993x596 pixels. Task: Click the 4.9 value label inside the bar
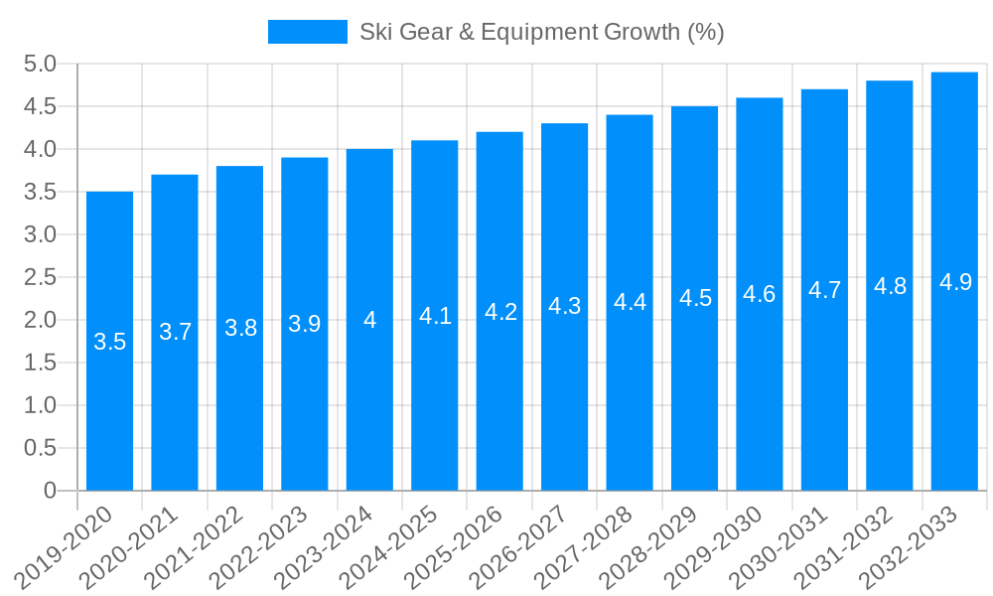pyautogui.click(x=954, y=282)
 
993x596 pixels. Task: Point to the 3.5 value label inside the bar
pyautogui.click(x=109, y=342)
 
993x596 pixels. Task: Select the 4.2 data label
pyautogui.click(x=499, y=312)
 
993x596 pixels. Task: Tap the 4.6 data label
pyautogui.click(x=760, y=294)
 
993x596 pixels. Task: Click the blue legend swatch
pyautogui.click(x=308, y=32)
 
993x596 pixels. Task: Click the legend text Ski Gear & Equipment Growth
pyautogui.click(x=541, y=32)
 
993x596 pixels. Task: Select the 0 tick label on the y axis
pyautogui.click(x=51, y=491)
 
